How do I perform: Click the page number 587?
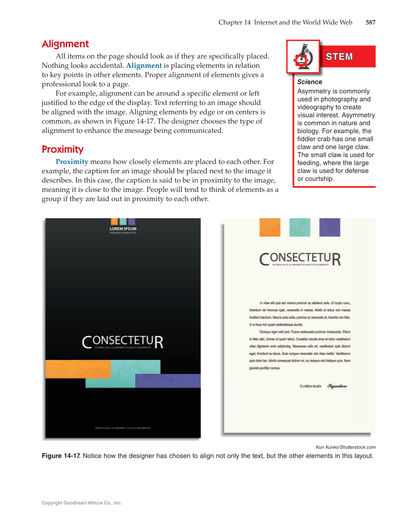click(371, 22)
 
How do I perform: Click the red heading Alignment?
click(65, 44)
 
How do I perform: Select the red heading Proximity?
click(62, 149)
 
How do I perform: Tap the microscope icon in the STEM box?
click(303, 57)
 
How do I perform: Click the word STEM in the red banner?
click(339, 57)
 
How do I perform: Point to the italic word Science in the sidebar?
click(310, 82)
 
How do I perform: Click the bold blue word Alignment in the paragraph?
click(144, 65)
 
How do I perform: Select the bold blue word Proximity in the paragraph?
click(72, 162)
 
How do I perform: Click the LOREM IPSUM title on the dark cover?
click(123, 229)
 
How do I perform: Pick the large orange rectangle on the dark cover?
click(78, 369)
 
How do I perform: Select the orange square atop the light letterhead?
click(270, 227)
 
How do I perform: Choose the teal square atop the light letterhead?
click(300, 227)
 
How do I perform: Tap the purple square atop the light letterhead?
click(330, 227)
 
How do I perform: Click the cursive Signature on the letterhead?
click(338, 386)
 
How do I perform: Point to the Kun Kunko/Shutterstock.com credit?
click(345, 447)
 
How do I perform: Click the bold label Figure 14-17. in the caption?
click(62, 456)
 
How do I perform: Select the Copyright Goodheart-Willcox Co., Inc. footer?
click(82, 503)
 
